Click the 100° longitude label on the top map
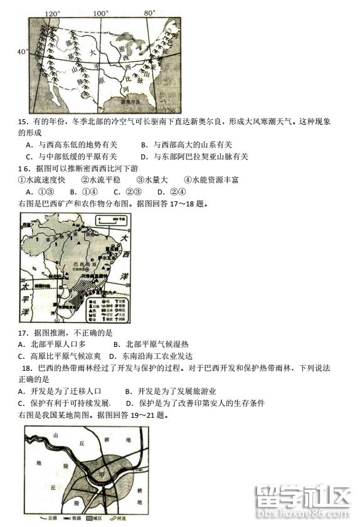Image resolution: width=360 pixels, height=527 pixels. (101, 13)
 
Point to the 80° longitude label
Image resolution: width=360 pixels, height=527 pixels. (149, 13)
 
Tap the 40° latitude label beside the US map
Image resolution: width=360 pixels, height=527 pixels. (22, 51)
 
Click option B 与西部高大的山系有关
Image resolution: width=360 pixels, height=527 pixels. (186, 145)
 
